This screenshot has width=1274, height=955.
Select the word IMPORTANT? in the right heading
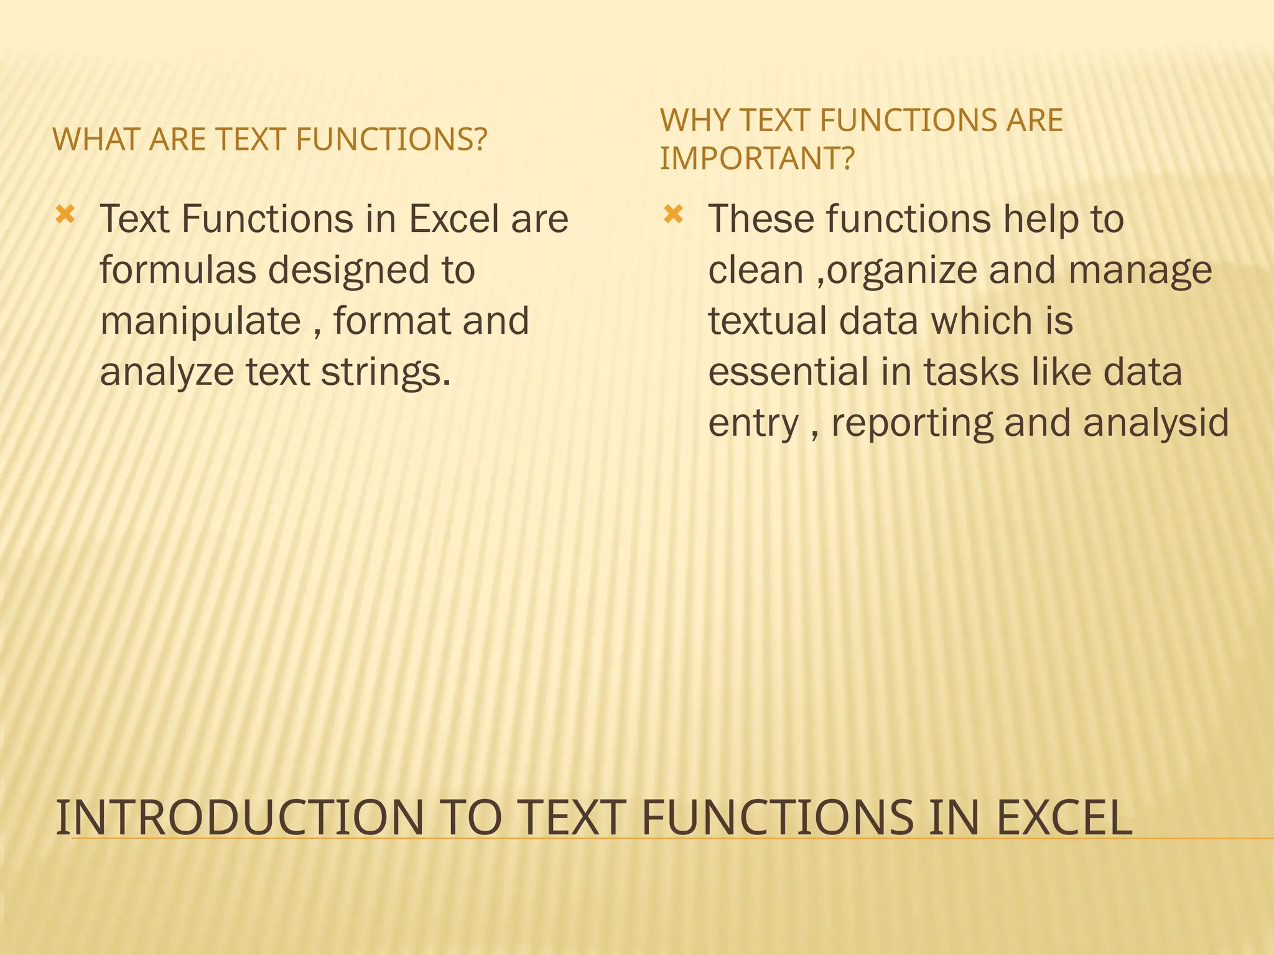click(x=757, y=159)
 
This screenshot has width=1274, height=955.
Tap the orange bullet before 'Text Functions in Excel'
click(x=65, y=216)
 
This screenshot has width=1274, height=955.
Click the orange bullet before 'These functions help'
click(x=673, y=216)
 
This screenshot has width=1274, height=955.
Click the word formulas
click(x=178, y=270)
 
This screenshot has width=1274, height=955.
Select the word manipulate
click(x=200, y=321)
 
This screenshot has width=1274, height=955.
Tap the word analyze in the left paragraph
click(x=166, y=372)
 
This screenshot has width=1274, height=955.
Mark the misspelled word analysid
click(x=1156, y=423)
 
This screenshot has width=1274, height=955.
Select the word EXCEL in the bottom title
click(x=1064, y=818)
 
